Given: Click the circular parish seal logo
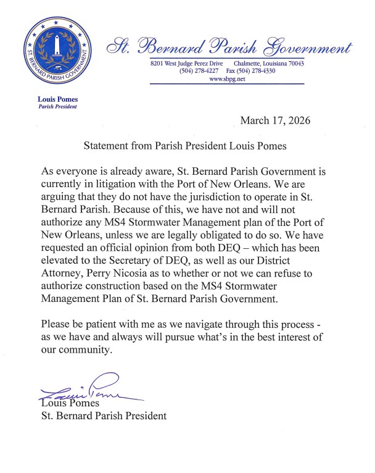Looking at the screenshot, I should pyautogui.click(x=57, y=54).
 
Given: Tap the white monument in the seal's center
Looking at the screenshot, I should pyautogui.click(x=57, y=49).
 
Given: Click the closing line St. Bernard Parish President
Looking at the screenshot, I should pyautogui.click(x=104, y=416).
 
